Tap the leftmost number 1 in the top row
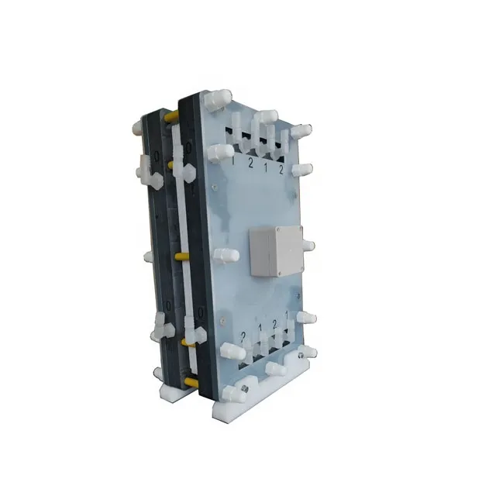tap(232, 164)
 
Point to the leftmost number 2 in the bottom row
tap(242, 335)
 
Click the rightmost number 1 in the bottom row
tap(288, 316)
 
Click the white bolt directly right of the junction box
tap(308, 246)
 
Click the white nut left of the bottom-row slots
tap(230, 350)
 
